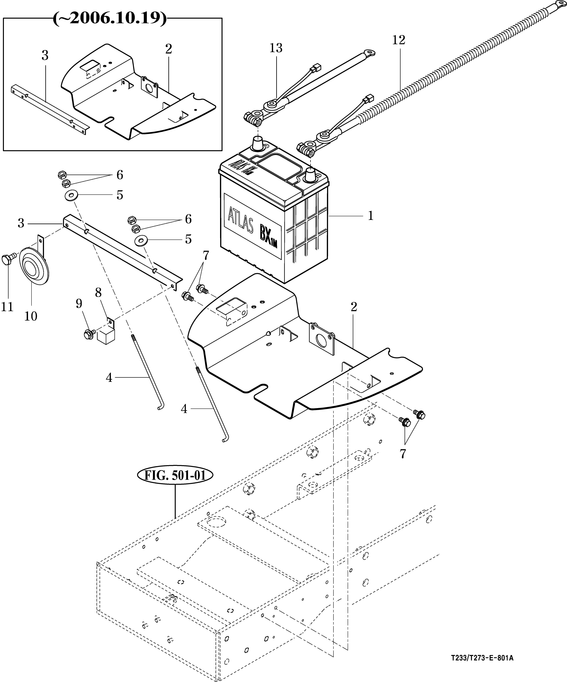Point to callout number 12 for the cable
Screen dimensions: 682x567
(x=399, y=40)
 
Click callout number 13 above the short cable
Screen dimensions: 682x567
(x=276, y=48)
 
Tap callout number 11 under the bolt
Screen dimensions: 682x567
(x=7, y=307)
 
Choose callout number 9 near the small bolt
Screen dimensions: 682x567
(x=79, y=304)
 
